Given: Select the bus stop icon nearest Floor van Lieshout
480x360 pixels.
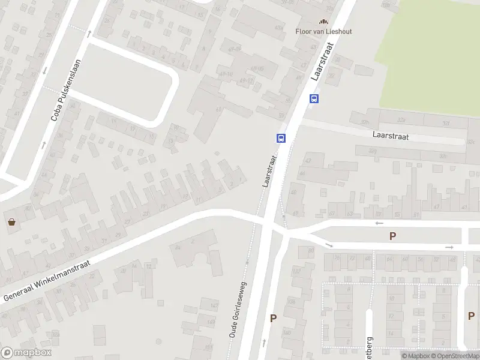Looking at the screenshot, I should (313, 99).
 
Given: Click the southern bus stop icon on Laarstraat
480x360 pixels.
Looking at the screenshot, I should (280, 137).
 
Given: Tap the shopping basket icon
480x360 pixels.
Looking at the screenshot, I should (11, 222).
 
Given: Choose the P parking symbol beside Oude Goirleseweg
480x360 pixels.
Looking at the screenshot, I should (273, 319).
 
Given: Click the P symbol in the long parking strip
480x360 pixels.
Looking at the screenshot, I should (392, 236).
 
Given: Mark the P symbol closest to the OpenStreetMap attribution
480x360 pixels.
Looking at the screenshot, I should (470, 316).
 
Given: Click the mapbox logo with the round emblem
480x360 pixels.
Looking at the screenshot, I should (25, 353).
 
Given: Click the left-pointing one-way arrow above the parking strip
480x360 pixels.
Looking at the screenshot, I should (379, 223).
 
